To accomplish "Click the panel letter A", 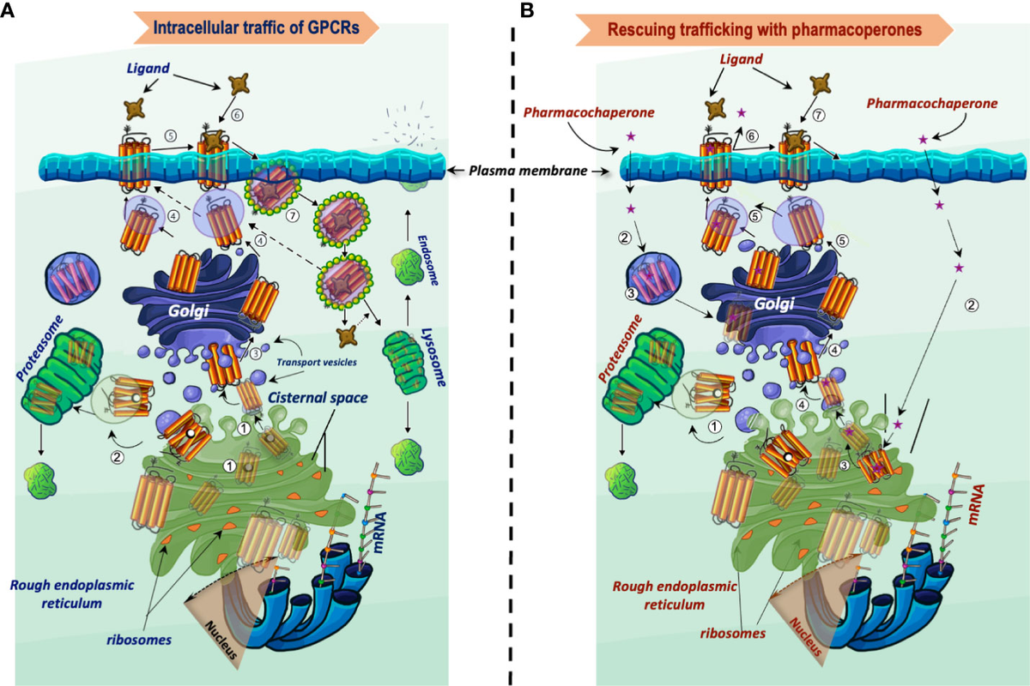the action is click(8, 10).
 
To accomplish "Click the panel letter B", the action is click(527, 10).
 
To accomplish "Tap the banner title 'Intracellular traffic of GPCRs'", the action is click(256, 27).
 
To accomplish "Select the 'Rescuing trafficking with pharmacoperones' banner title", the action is click(765, 30).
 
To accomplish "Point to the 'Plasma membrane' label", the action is click(528, 171).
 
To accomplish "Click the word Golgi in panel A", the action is click(189, 311).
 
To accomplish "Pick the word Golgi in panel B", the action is click(774, 304).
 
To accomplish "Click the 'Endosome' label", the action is click(427, 260).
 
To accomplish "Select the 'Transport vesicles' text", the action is click(317, 362).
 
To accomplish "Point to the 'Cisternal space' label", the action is click(318, 397).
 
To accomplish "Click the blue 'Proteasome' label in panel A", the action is click(39, 348).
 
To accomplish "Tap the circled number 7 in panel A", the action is click(293, 215).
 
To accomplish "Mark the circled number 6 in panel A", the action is click(237, 114).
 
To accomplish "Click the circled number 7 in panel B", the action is click(819, 115).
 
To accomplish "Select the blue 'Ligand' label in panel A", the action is click(148, 69).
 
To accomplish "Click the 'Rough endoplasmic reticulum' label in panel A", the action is click(72, 593).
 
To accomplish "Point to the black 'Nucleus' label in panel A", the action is click(221, 640).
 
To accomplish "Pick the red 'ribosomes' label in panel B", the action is click(732, 634).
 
